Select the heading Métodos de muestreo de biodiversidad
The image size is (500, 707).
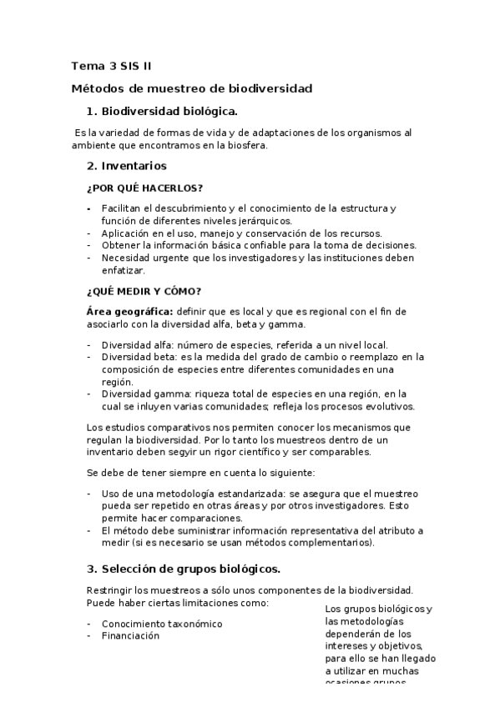click(x=191, y=88)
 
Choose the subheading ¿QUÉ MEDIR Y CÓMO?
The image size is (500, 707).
click(x=144, y=291)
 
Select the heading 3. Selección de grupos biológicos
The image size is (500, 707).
click(x=184, y=569)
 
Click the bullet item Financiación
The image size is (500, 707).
click(x=130, y=635)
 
